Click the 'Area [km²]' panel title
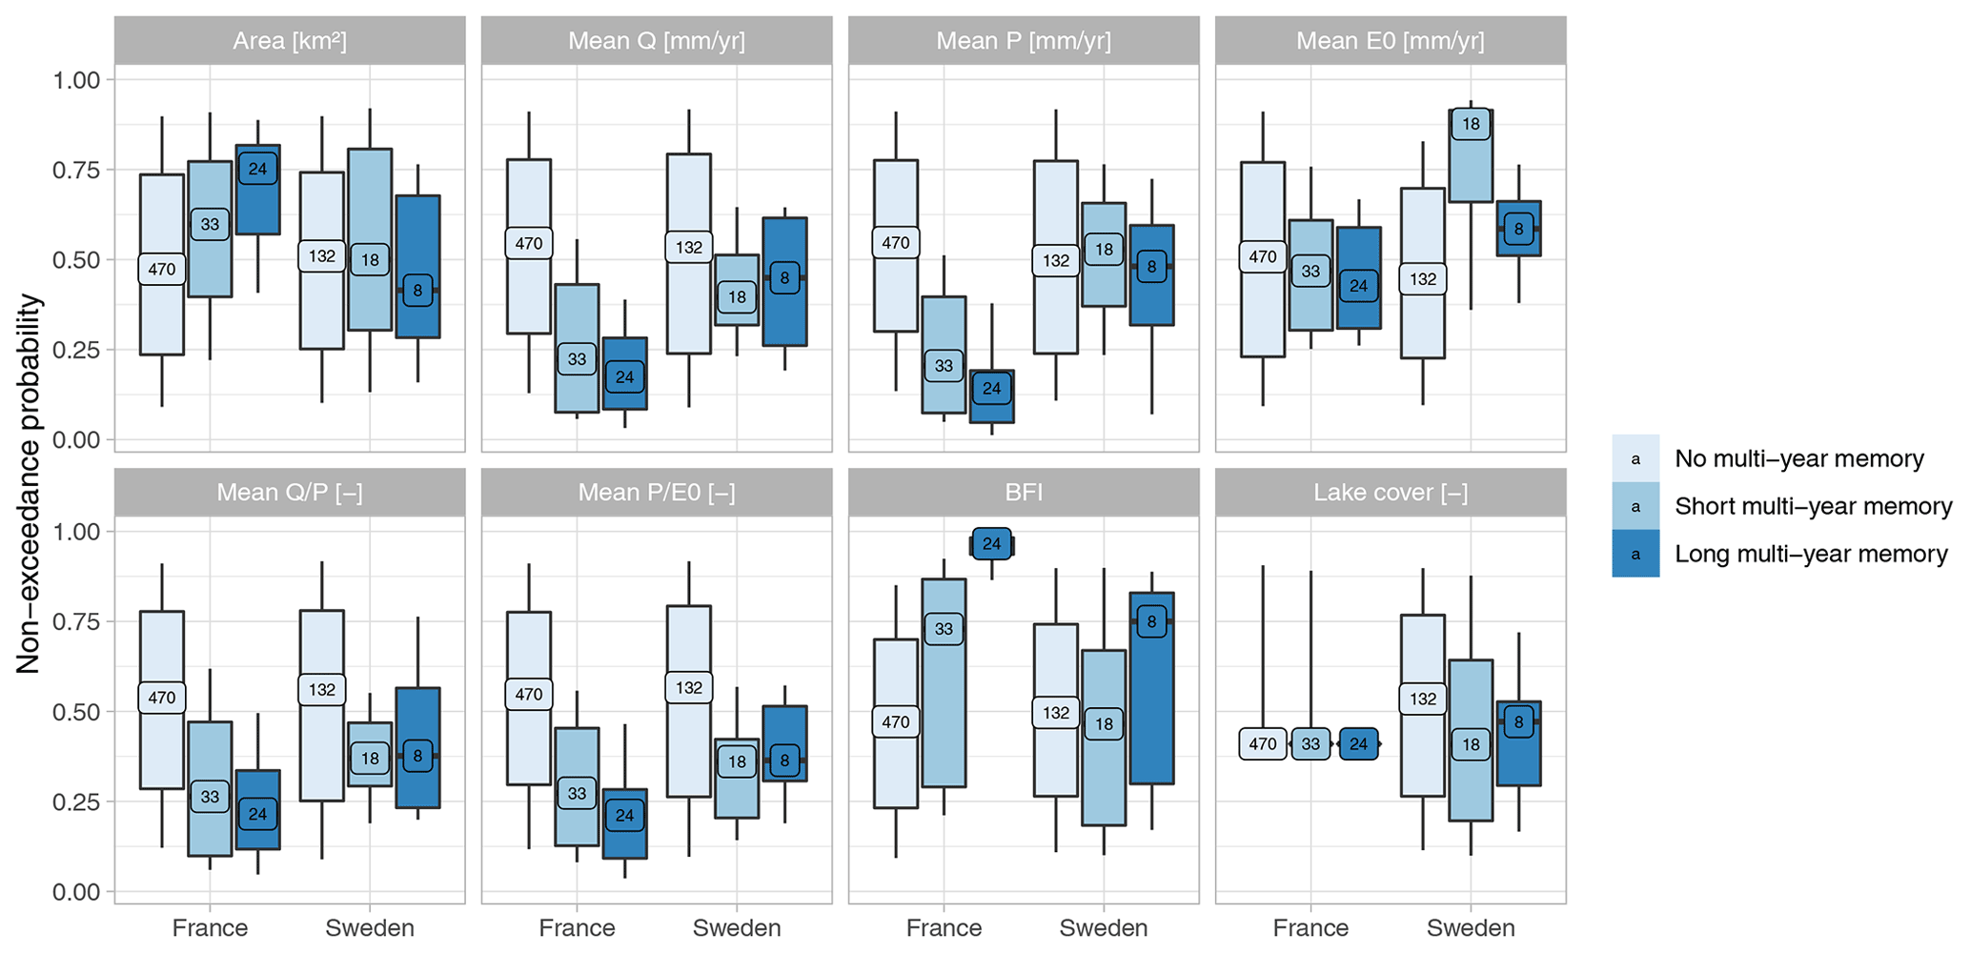point(290,41)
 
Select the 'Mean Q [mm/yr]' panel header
point(657,41)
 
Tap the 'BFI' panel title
point(1024,493)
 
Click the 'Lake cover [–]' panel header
point(1391,493)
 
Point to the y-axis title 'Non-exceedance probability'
point(30,484)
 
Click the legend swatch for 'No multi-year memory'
point(1635,458)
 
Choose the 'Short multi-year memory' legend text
point(1813,506)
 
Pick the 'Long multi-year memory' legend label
point(1811,554)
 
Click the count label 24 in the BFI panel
point(992,543)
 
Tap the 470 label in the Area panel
point(162,269)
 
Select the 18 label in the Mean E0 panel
point(1471,124)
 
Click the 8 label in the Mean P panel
point(1152,267)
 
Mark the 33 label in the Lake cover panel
point(1310,743)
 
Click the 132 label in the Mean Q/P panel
point(322,689)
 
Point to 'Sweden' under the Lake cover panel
point(1471,928)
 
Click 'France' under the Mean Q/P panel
point(210,928)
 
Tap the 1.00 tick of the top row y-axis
point(77,79)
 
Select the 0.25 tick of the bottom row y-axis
point(77,801)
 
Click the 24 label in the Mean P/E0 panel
point(625,815)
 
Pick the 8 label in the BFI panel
point(1152,622)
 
